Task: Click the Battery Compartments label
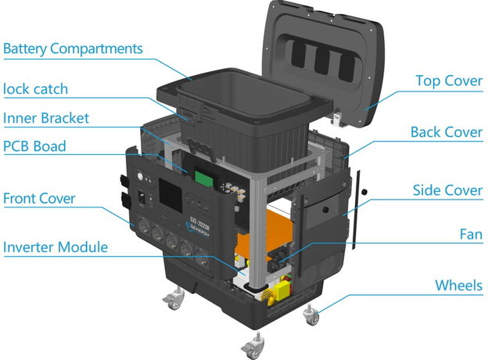pyautogui.click(x=73, y=49)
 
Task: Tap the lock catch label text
pyautogui.click(x=34, y=88)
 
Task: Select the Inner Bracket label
pyautogui.click(x=46, y=118)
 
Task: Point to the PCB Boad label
pyautogui.click(x=34, y=146)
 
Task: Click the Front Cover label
pyautogui.click(x=39, y=198)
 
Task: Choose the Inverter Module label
pyautogui.click(x=55, y=247)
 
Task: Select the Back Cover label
pyautogui.click(x=446, y=131)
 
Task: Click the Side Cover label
pyautogui.click(x=447, y=190)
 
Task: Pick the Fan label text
pyautogui.click(x=470, y=233)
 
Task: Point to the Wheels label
pyautogui.click(x=458, y=285)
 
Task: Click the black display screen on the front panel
pyautogui.click(x=169, y=190)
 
